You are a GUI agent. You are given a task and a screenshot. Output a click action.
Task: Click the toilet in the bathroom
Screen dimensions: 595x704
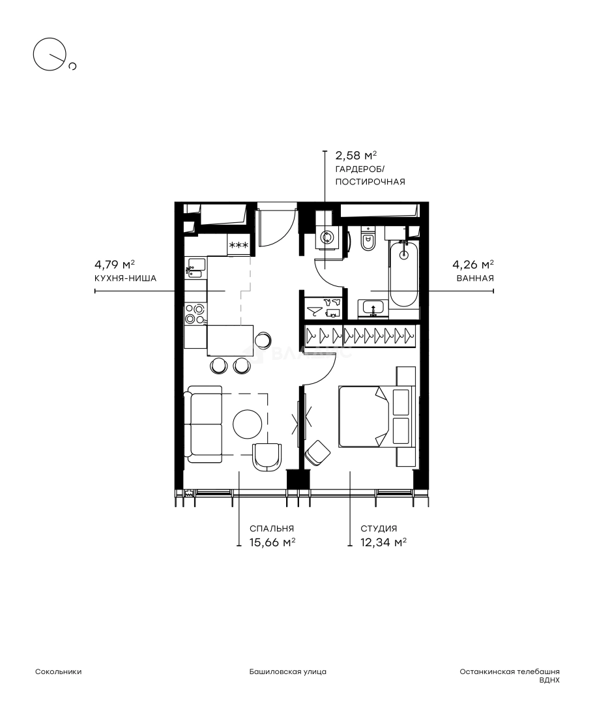pos(369,239)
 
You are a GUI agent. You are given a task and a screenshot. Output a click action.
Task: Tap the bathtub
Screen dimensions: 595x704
pos(404,274)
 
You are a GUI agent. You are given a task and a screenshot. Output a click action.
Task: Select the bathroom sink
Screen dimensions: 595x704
pos(372,308)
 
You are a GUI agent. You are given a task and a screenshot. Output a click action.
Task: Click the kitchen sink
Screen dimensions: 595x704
pos(196,268)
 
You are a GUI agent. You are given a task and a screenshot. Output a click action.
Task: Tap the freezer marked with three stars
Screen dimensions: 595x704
pos(239,245)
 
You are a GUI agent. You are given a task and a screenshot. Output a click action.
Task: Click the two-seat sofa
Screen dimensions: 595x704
pos(205,424)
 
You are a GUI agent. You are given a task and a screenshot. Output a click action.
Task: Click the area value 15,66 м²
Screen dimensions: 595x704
pos(272,542)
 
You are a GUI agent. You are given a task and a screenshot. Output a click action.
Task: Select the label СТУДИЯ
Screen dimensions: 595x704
pos(379,529)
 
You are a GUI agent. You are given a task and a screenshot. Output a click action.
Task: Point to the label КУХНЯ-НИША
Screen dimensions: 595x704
pos(125,278)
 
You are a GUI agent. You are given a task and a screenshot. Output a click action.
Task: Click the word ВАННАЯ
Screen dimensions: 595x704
pos(475,278)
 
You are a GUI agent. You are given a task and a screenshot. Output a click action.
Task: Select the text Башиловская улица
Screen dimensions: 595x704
pos(288,671)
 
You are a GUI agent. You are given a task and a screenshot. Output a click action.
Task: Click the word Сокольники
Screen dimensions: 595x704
pos(59,671)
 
